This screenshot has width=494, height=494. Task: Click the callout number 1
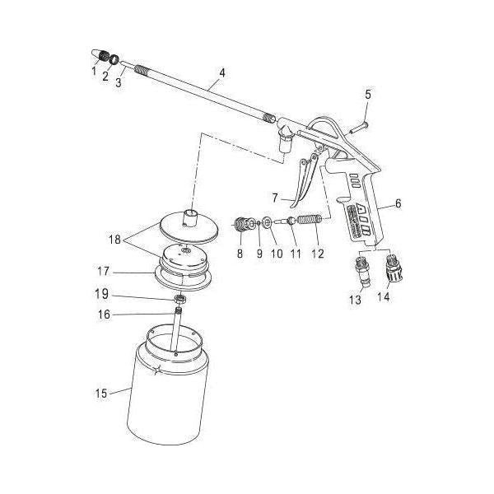[94, 72]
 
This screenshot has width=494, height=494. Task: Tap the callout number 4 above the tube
[221, 72]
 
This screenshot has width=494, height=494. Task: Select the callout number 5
[368, 95]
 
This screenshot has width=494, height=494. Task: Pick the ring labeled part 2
[114, 59]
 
